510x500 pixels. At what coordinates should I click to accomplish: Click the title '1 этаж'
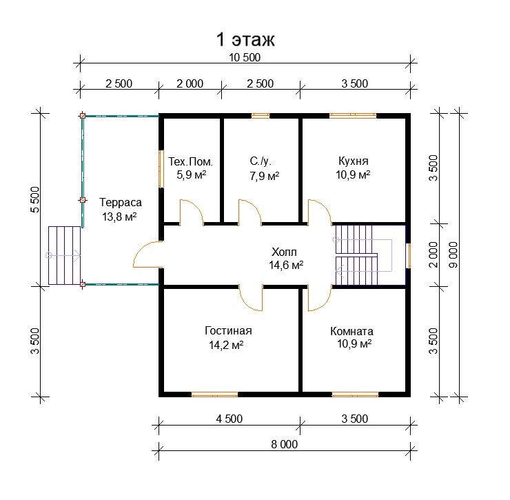click(x=245, y=40)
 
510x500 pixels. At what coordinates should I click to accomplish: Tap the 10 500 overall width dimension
click(x=245, y=58)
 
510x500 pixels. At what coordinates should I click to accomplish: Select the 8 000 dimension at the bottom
click(x=284, y=444)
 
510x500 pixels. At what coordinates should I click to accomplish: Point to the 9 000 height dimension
click(x=453, y=254)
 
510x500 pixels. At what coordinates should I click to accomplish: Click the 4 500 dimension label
click(x=229, y=419)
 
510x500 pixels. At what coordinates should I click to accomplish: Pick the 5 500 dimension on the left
click(x=34, y=199)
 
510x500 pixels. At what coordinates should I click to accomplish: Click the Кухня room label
click(x=354, y=161)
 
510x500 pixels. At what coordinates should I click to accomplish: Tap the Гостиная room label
click(x=228, y=331)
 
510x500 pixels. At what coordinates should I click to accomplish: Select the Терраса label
click(x=121, y=203)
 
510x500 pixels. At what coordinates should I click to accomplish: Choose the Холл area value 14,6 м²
click(x=286, y=266)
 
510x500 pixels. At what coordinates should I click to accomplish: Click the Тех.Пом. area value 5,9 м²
click(x=192, y=174)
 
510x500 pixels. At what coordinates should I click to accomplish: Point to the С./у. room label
click(x=261, y=161)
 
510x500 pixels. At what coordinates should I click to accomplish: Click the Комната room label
click(x=351, y=332)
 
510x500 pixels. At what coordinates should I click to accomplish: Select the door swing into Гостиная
click(x=251, y=299)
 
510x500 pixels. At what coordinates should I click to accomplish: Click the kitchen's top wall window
click(x=353, y=116)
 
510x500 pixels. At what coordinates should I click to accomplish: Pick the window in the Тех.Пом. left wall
click(x=161, y=168)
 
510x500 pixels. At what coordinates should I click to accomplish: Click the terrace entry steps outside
click(x=64, y=256)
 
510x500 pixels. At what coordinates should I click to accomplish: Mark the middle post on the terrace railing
click(x=83, y=200)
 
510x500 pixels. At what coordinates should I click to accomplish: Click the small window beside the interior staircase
click(x=409, y=256)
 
